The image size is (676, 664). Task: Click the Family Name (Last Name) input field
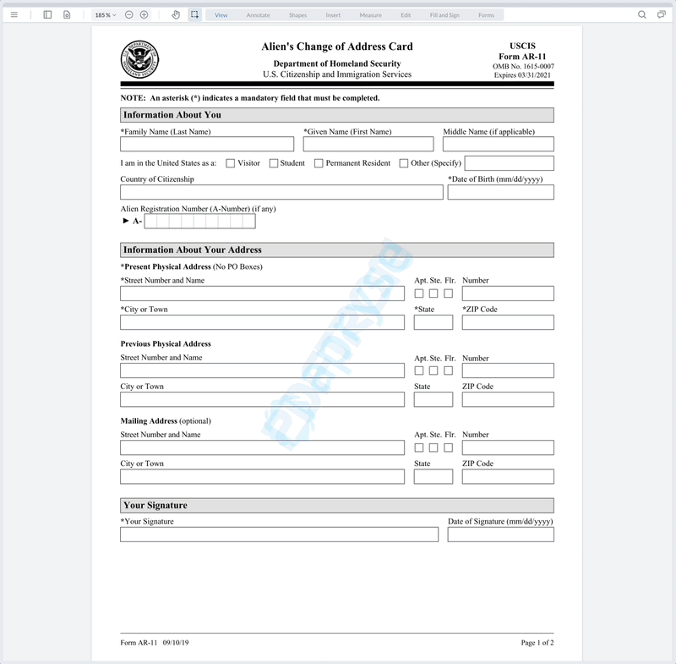[207, 145]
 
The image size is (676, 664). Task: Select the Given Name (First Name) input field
[368, 145]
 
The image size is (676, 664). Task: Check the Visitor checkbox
[231, 163]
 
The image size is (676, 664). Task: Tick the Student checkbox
[274, 163]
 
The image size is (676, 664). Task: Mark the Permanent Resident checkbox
[319, 163]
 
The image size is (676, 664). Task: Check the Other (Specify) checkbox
[404, 163]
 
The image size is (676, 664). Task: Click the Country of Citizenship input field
[281, 192]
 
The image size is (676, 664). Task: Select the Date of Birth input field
[500, 192]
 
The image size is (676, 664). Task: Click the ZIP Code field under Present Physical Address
[508, 322]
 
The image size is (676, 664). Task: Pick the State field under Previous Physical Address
[433, 399]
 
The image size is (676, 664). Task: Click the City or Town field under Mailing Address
[262, 476]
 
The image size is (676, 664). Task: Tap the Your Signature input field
[279, 535]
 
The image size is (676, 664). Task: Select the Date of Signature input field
[500, 535]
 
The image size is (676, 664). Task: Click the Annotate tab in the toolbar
[259, 15]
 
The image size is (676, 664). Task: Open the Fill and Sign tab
[444, 15]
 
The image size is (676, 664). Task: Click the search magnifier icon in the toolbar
[642, 14]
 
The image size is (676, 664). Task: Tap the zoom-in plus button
[144, 14]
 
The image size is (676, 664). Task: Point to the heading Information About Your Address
[193, 250]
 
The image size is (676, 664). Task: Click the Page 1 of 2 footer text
[537, 644]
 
